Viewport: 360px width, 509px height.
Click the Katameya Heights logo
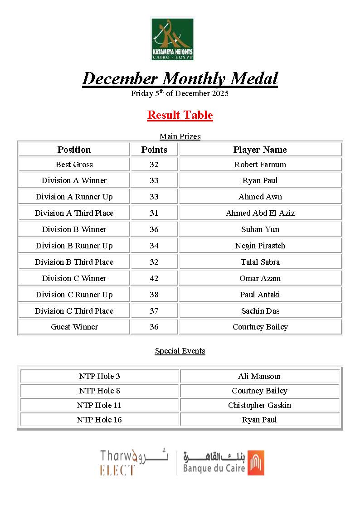(x=172, y=39)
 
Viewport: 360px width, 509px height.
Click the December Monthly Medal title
(x=180, y=78)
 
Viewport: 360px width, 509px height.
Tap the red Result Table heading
(x=180, y=115)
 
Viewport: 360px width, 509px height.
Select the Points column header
(x=154, y=150)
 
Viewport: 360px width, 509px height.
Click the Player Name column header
(x=260, y=150)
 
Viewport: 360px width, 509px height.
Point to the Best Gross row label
(x=74, y=165)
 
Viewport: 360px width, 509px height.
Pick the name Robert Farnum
(x=260, y=165)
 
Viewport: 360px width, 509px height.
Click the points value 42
(x=154, y=278)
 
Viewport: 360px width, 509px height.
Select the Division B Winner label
(x=74, y=229)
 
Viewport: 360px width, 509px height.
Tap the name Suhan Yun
(x=260, y=229)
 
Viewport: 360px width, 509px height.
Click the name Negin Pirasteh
(x=260, y=246)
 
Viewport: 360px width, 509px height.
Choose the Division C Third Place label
(x=74, y=311)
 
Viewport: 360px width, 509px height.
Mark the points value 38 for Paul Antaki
(x=154, y=295)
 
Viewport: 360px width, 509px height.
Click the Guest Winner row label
(x=74, y=327)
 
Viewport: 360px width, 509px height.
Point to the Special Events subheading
(x=180, y=351)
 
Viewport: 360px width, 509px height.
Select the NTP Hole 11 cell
(x=99, y=405)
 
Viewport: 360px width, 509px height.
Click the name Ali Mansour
(x=259, y=376)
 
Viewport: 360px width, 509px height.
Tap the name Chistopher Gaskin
(x=259, y=405)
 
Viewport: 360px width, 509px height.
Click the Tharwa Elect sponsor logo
(x=134, y=462)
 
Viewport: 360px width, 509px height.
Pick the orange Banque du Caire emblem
(x=256, y=462)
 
